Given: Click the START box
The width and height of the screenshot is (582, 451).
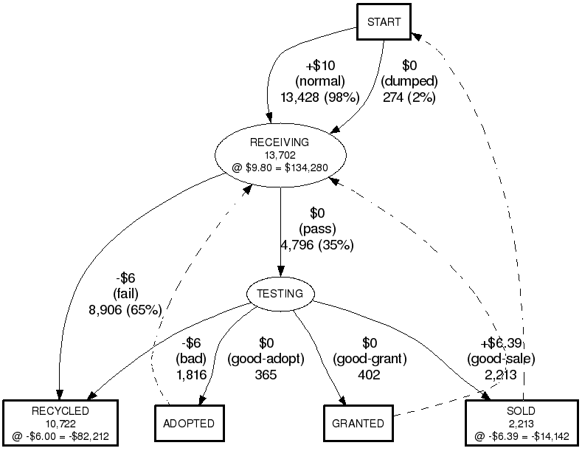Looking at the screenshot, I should pos(384,22).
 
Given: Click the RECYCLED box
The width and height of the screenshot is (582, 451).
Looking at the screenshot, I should pos(60,423).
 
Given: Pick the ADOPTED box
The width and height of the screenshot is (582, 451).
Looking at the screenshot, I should pos(189,424).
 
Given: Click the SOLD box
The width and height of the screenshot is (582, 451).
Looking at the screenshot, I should pos(522,423).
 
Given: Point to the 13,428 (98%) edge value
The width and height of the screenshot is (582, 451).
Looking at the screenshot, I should pos(319,96).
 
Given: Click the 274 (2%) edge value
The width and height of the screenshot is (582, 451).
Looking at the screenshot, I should pos(409,96).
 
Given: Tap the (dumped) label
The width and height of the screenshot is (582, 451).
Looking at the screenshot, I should pos(410,81).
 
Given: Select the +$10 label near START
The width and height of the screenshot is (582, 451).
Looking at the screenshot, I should pos(320,66).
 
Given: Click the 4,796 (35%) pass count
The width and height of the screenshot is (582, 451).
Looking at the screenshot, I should pos(317,245).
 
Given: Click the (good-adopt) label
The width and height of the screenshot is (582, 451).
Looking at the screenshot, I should pos(266,359).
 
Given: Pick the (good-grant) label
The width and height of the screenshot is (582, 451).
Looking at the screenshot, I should pos(370,359).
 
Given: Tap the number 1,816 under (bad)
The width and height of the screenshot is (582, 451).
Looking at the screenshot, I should pos(191,375).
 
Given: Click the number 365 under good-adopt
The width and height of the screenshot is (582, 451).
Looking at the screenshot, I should pos(266,375).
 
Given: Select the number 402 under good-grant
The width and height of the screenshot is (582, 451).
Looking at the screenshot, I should pos(369,375).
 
